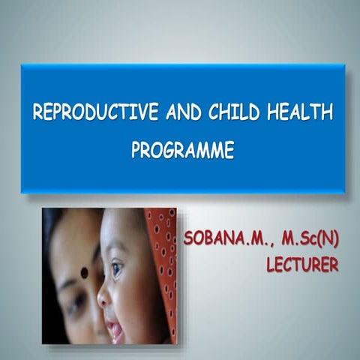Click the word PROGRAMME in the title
coord(183,150)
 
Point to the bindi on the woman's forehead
coord(84,271)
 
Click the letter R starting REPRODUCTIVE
coord(37,113)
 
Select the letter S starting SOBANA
coord(188,240)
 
